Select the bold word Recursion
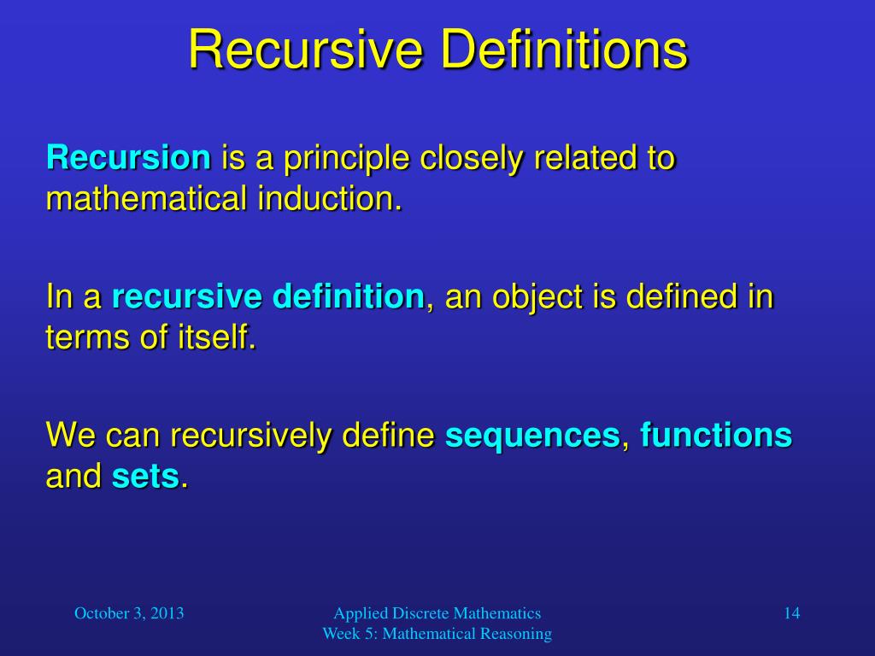click(128, 158)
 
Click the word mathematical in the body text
click(144, 199)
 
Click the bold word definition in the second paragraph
click(348, 297)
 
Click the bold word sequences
click(531, 436)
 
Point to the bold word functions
click(716, 436)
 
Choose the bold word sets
click(145, 477)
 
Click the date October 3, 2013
click(130, 612)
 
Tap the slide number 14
click(791, 612)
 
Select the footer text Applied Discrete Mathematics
click(437, 612)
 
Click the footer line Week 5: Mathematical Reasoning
click(437, 633)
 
